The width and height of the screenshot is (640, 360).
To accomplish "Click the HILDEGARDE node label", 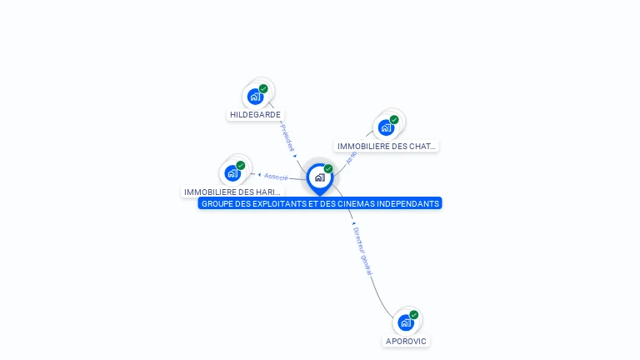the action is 255,115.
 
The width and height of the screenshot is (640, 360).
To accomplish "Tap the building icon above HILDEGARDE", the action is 255,96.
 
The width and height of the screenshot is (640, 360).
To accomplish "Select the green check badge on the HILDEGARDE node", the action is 263,88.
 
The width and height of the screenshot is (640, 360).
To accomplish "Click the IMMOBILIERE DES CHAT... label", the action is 387,147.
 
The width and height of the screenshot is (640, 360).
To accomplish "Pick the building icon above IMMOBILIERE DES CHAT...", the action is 386,127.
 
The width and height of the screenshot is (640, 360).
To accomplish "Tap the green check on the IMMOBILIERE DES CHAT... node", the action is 394,120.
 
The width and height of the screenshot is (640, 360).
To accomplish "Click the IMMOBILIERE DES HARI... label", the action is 232,192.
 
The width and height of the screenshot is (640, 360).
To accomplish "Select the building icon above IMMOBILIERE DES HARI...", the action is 232,173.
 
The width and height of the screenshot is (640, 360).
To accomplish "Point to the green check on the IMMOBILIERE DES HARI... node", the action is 241,166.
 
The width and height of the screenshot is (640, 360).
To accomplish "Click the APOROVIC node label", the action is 406,341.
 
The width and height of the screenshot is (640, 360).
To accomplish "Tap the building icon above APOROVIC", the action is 406,322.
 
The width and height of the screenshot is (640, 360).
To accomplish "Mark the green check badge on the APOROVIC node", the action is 414,315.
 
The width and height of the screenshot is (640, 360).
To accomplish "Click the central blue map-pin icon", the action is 319,177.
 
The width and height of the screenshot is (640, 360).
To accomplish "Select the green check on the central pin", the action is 328,169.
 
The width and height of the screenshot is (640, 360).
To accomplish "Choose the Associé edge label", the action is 276,177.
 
